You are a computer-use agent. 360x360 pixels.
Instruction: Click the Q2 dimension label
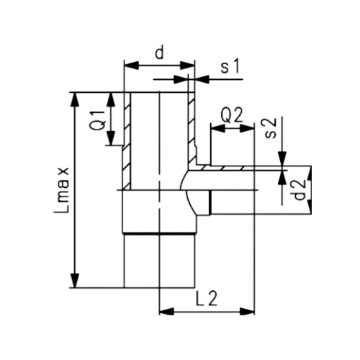point(232,114)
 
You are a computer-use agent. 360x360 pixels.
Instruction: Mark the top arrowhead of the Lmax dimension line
point(75,96)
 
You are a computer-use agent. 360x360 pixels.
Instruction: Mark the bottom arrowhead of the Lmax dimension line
point(75,282)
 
